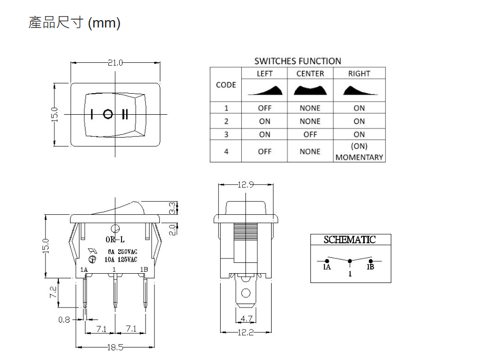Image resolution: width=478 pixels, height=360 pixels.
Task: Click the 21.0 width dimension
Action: coord(115,63)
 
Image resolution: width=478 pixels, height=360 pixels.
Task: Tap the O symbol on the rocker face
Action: coord(108,114)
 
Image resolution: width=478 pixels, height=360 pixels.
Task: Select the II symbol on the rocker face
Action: coord(125,114)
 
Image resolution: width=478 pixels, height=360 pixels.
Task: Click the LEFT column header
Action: coord(264,74)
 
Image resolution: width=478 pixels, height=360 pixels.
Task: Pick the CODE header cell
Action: coord(226,85)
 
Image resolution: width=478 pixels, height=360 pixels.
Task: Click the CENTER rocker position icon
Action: coord(310,90)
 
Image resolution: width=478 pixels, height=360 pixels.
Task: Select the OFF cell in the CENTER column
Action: coord(310,134)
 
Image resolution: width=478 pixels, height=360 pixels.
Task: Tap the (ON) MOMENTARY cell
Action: coord(359,152)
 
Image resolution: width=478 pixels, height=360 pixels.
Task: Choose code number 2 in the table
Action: coord(226,122)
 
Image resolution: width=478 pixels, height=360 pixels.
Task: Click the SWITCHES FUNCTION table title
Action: coord(298,61)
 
